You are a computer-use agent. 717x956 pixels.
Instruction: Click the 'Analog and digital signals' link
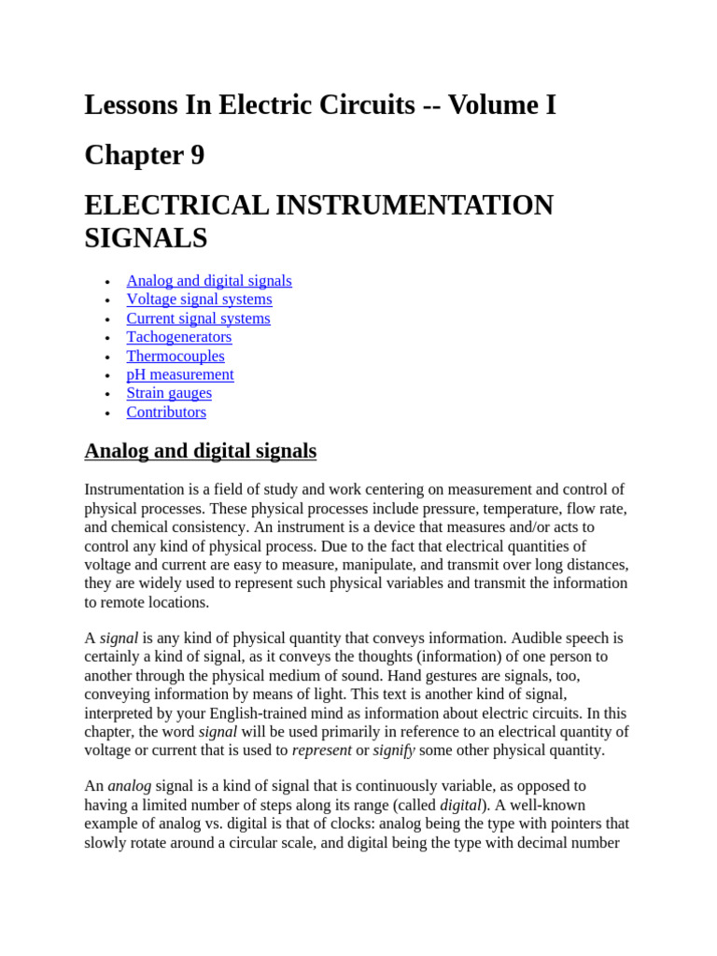209,281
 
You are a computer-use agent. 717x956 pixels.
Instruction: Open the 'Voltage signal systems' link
199,300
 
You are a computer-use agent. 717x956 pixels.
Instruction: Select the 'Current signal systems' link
198,318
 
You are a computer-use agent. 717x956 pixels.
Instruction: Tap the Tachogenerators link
179,337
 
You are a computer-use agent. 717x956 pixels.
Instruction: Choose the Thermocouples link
176,356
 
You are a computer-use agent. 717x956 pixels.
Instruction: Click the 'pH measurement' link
180,374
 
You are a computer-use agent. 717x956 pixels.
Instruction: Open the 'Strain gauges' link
169,393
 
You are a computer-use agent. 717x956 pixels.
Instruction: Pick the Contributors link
166,412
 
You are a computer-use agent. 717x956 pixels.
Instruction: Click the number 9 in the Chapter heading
197,155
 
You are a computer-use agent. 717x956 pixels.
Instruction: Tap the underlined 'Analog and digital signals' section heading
200,452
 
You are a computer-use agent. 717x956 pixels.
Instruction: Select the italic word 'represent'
321,750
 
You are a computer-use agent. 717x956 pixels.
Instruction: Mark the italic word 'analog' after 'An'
129,786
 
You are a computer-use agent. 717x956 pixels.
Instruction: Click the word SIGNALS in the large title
146,238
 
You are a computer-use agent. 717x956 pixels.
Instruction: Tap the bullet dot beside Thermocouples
109,357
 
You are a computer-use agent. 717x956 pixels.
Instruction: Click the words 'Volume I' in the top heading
502,105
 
